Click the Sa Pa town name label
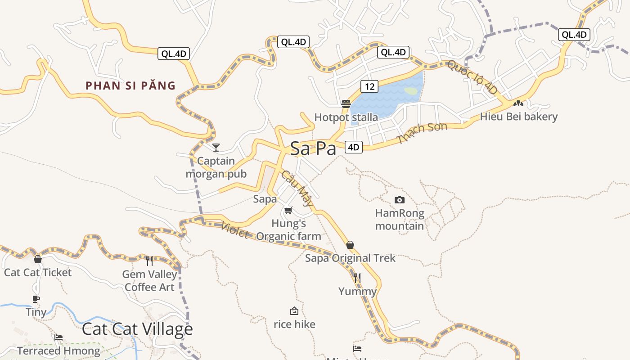click(313, 148)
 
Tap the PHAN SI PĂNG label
click(130, 85)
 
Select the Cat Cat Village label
click(137, 329)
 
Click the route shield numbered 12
click(369, 86)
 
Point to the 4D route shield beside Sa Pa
click(354, 147)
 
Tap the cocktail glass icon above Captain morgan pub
click(216, 147)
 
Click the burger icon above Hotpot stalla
click(346, 104)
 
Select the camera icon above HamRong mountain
click(399, 200)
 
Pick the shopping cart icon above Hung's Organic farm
click(288, 210)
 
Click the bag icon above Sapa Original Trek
click(350, 245)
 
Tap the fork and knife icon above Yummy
click(357, 278)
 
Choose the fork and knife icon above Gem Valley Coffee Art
click(149, 261)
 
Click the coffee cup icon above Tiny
click(36, 299)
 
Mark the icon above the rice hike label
click(294, 310)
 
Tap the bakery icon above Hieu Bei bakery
click(518, 103)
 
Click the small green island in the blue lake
click(410, 90)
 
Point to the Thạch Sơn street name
click(422, 132)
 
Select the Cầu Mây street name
click(297, 188)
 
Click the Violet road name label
click(234, 230)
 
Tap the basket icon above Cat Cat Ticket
click(38, 259)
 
